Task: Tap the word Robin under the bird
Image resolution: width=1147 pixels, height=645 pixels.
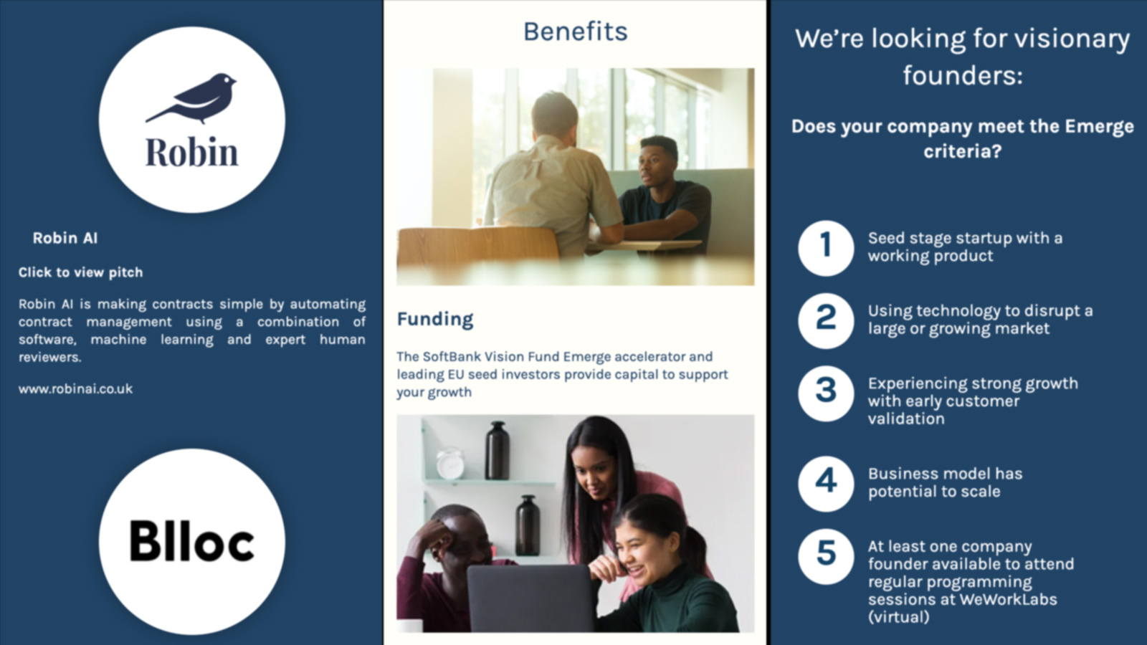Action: (x=192, y=152)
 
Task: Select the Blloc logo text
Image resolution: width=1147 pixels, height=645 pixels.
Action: (x=192, y=541)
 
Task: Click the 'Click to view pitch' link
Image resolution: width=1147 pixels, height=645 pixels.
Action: (x=80, y=272)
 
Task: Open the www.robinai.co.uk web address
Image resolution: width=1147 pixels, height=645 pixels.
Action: (x=75, y=389)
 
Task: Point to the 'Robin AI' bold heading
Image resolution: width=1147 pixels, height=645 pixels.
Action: (x=65, y=238)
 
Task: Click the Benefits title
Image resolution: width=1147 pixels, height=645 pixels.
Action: (x=575, y=32)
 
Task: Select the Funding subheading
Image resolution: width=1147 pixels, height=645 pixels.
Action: (x=434, y=319)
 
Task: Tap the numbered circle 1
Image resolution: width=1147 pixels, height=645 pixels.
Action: (x=826, y=249)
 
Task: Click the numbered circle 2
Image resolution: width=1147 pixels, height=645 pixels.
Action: (x=826, y=321)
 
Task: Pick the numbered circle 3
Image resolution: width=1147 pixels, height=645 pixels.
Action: (x=826, y=393)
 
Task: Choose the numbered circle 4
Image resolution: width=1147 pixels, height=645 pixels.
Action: (x=826, y=484)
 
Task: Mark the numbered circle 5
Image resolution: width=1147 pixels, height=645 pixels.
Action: (x=826, y=556)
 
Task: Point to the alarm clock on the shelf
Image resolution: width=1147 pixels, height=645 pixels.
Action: (x=450, y=463)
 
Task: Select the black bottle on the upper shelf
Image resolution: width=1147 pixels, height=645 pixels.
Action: (x=498, y=451)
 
